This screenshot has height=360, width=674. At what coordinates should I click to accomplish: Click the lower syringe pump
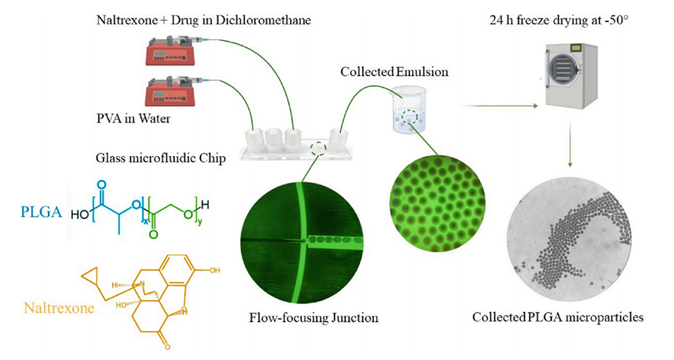170,92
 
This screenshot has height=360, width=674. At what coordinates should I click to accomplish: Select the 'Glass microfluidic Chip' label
160,157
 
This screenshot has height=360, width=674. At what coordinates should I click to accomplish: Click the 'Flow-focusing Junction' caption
313,317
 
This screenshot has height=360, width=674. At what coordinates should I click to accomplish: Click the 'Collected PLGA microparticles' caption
558,317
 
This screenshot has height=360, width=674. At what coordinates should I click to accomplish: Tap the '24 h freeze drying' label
558,19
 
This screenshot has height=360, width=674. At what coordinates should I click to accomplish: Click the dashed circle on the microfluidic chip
319,148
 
